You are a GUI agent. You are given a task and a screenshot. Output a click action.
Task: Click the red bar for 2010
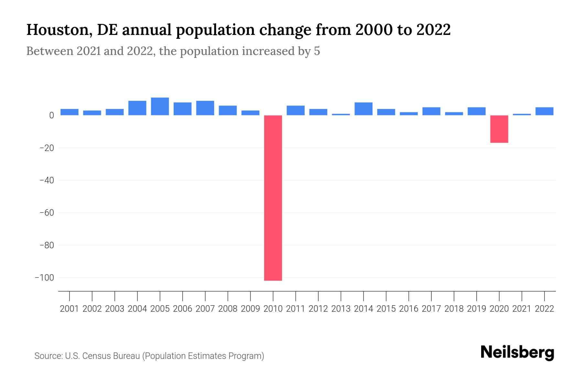pos(273,198)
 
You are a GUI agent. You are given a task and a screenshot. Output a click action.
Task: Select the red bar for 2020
pos(499,129)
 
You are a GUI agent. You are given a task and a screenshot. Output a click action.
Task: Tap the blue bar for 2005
pos(160,106)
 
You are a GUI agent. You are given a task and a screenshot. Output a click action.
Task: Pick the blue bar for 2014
pos(363,109)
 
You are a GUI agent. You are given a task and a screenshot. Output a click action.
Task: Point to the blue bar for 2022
pos(544,111)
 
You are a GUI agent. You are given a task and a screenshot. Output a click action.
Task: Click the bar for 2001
pos(70,112)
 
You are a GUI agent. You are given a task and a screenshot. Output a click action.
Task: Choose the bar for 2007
pos(205,108)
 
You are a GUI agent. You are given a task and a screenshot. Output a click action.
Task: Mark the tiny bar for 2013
pos(341,114)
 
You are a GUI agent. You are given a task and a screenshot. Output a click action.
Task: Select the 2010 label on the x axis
pos(273,309)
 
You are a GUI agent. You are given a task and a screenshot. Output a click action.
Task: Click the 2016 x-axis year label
pos(409,309)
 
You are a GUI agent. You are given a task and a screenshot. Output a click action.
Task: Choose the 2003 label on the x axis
pos(115,309)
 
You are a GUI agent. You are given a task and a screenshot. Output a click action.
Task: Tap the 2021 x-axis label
pos(522,309)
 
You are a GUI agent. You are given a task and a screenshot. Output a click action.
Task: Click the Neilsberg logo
pos(517,353)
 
